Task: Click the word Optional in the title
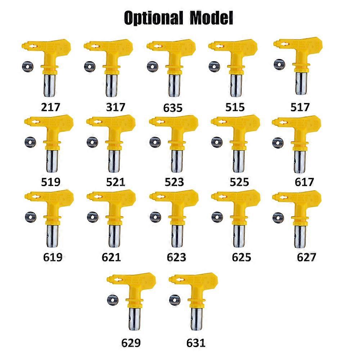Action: [153, 18]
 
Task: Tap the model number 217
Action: [50, 107]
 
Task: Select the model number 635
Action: [173, 108]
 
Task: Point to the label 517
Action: [300, 107]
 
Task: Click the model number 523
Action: [174, 182]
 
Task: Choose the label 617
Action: [305, 182]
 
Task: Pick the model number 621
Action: [111, 257]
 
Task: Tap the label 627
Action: [306, 257]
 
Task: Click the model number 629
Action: [131, 343]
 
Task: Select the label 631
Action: [196, 343]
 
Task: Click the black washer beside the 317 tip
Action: [90, 67]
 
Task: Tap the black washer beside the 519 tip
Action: [30, 142]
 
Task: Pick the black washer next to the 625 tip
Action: [217, 217]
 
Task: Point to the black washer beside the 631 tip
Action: [175, 300]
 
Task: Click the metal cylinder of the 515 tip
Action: [236, 85]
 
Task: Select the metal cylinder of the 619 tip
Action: [52, 236]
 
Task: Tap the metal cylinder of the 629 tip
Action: [135, 319]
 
